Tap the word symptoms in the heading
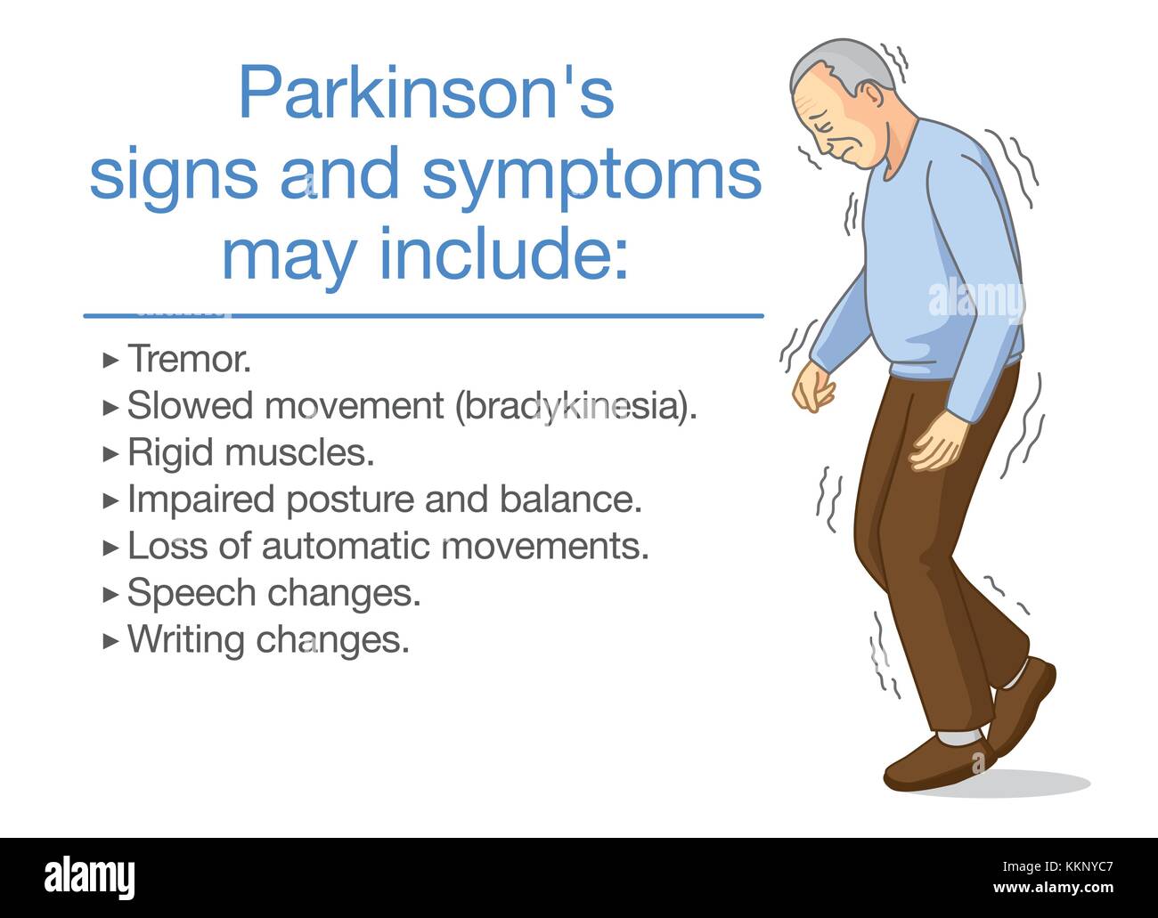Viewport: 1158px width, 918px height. [591, 175]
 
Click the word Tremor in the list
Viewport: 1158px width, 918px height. [188, 359]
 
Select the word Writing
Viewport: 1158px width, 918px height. [185, 639]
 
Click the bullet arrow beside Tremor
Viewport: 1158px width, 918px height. [110, 360]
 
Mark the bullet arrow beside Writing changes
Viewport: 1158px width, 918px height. [110, 640]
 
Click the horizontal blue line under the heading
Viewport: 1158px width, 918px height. [424, 315]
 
